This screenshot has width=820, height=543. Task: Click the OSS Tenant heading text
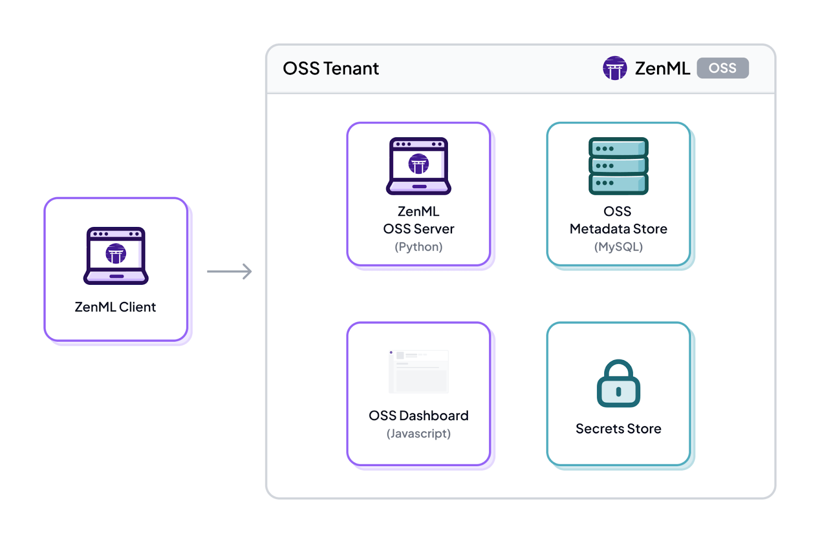pos(331,69)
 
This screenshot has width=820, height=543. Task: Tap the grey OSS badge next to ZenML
pos(722,68)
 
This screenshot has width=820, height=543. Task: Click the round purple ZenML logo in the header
pos(614,68)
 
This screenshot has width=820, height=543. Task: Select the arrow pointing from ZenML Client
pos(229,271)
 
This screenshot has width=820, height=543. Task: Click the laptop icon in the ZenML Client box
pos(116,256)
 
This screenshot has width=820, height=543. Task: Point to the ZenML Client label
pos(115,307)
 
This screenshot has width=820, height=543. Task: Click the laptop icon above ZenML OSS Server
pos(419,166)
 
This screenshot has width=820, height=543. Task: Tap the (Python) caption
pos(419,247)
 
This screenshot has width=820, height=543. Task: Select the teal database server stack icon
pos(618,166)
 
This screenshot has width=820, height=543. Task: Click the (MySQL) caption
pos(618,247)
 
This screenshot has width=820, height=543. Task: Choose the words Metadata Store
pos(618,229)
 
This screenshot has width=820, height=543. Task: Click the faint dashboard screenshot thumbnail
pos(419,371)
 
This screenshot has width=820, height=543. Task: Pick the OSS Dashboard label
pos(419,415)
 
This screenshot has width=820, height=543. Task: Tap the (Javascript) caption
pos(419,434)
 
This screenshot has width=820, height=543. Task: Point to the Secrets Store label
pos(618,429)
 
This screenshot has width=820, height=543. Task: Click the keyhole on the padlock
pos(619,392)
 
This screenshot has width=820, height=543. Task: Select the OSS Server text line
pos(419,229)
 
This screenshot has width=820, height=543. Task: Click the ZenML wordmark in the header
pos(662,68)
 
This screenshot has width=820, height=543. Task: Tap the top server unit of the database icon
pos(618,148)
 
